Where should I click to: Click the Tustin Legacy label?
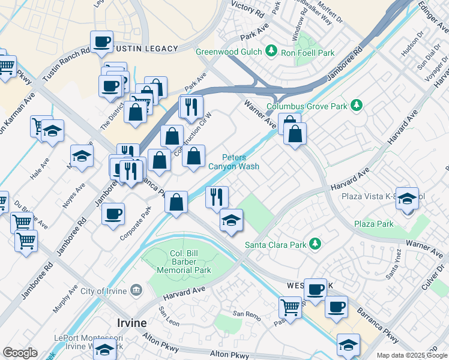pos(147,49)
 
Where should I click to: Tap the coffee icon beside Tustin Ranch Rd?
pos(101,43)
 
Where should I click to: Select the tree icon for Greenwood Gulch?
pos(271,52)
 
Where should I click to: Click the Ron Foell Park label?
pos(309,53)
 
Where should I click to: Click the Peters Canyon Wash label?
pos(234,161)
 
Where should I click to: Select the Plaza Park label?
pos(373,224)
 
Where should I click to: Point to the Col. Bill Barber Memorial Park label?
pos(176,262)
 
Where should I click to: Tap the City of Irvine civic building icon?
pos(137,291)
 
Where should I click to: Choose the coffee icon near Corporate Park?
pos(112,215)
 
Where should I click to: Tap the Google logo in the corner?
pos(20,353)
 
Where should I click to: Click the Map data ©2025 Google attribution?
pos(411,355)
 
